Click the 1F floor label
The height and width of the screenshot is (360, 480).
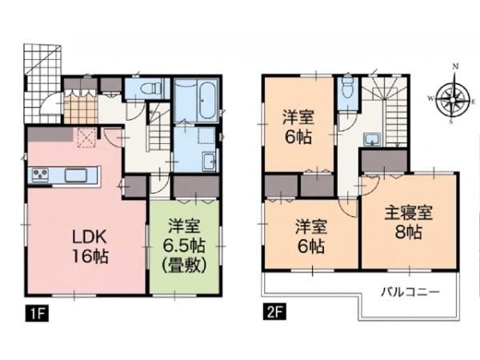(x=37, y=311)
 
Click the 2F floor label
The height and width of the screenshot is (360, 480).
(x=274, y=311)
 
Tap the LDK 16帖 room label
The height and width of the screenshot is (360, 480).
(x=90, y=246)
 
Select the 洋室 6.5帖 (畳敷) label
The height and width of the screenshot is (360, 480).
(x=184, y=246)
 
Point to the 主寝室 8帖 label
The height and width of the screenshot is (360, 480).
(x=409, y=222)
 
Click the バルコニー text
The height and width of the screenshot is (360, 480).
(x=410, y=292)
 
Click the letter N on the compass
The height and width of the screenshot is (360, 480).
(x=455, y=66)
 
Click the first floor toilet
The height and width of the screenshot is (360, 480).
(x=151, y=88)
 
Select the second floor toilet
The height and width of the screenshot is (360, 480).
(x=347, y=88)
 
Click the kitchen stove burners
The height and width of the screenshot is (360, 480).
(x=40, y=175)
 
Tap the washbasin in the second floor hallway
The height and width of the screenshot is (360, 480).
(x=372, y=139)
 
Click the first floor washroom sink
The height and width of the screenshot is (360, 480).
(x=210, y=162)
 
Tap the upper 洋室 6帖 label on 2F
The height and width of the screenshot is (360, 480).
(x=298, y=128)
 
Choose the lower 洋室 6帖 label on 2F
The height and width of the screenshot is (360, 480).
(x=312, y=237)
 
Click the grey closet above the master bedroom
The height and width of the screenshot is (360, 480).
(x=385, y=161)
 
